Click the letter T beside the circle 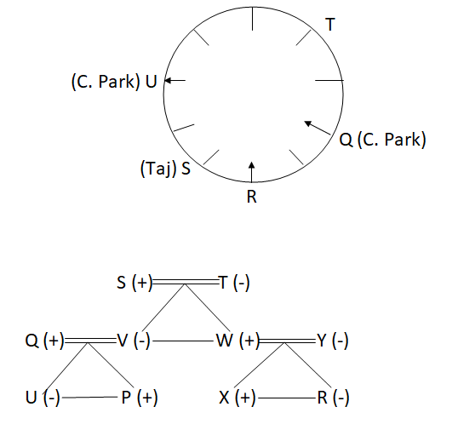330,24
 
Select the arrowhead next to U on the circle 168,80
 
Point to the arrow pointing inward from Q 318,128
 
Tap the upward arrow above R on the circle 251,171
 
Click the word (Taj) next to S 158,169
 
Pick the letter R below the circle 251,197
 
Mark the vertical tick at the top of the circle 252,19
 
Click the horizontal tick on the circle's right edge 329,80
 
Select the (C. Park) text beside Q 392,140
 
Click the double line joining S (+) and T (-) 186,282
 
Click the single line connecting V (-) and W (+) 183,341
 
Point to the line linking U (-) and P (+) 89,397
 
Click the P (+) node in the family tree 140,398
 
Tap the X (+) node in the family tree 238,398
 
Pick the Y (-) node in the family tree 333,341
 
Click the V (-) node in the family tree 134,341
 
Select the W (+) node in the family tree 238,341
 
